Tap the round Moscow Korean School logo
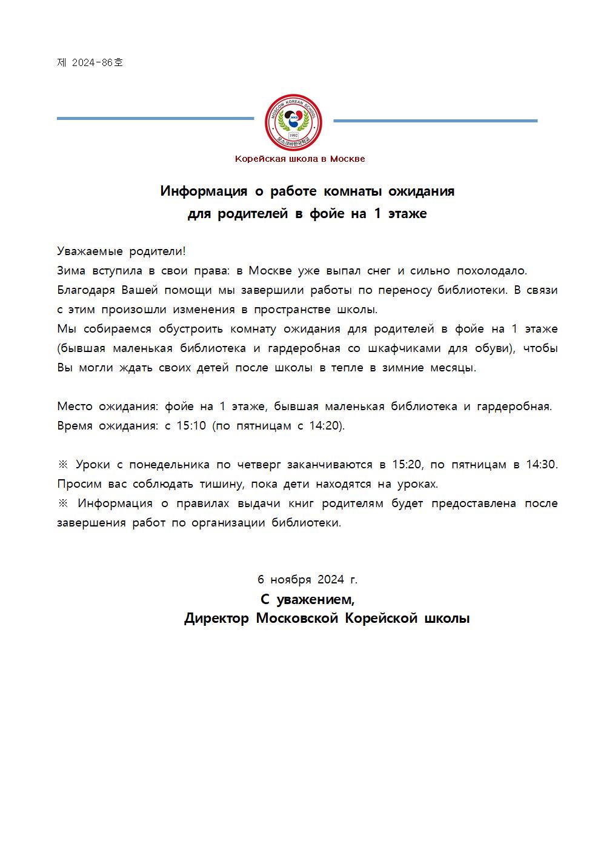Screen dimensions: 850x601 point(294,122)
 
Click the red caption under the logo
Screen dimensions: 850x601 point(300,159)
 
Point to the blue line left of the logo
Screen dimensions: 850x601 point(155,118)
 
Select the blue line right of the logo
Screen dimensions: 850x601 point(435,121)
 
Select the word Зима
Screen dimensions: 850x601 point(71,271)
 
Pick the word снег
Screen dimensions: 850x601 point(379,271)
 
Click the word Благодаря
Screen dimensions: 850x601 point(86,290)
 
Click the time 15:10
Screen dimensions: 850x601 point(191,426)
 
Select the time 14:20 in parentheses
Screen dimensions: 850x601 point(325,426)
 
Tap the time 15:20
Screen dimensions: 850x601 point(407,465)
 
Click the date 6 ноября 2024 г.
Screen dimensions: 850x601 point(307,580)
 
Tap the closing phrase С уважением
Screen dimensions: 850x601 point(307,600)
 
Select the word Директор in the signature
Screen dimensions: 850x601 point(216,619)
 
